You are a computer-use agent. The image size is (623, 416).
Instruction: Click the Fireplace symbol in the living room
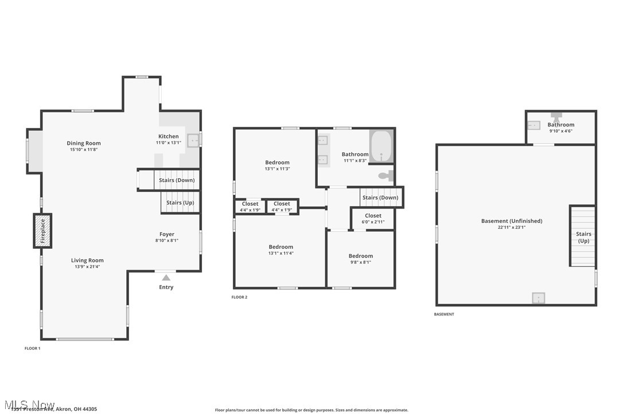pyautogui.click(x=42, y=231)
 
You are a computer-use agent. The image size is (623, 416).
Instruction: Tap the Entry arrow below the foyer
pyautogui.click(x=166, y=278)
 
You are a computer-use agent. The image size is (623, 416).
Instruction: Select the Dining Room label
pyautogui.click(x=84, y=143)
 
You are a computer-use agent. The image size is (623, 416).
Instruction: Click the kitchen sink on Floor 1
pyautogui.click(x=193, y=139)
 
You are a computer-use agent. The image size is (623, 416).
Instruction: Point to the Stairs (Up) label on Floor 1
pyautogui.click(x=180, y=203)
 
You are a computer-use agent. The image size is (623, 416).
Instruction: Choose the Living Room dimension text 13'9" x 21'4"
pyautogui.click(x=87, y=267)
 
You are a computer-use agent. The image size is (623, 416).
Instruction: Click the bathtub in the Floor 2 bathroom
pyautogui.click(x=381, y=148)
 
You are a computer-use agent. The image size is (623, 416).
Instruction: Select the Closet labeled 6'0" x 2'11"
pyautogui.click(x=373, y=216)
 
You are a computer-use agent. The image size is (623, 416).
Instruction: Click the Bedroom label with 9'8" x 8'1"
pyautogui.click(x=361, y=256)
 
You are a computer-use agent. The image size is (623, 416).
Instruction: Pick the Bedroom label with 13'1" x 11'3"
pyautogui.click(x=277, y=163)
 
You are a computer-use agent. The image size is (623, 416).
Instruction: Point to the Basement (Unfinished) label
pyautogui.click(x=511, y=221)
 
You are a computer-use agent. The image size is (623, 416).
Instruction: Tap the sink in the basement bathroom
pyautogui.click(x=534, y=125)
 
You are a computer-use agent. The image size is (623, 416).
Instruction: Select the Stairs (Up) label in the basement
pyautogui.click(x=583, y=237)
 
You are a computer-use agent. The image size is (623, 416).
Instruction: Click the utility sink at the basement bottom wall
pyautogui.click(x=538, y=298)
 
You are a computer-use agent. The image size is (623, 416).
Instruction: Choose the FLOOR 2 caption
pyautogui.click(x=239, y=297)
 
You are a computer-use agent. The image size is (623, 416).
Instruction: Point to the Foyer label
pyautogui.click(x=167, y=234)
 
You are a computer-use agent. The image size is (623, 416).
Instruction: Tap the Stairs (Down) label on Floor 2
pyautogui.click(x=380, y=198)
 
